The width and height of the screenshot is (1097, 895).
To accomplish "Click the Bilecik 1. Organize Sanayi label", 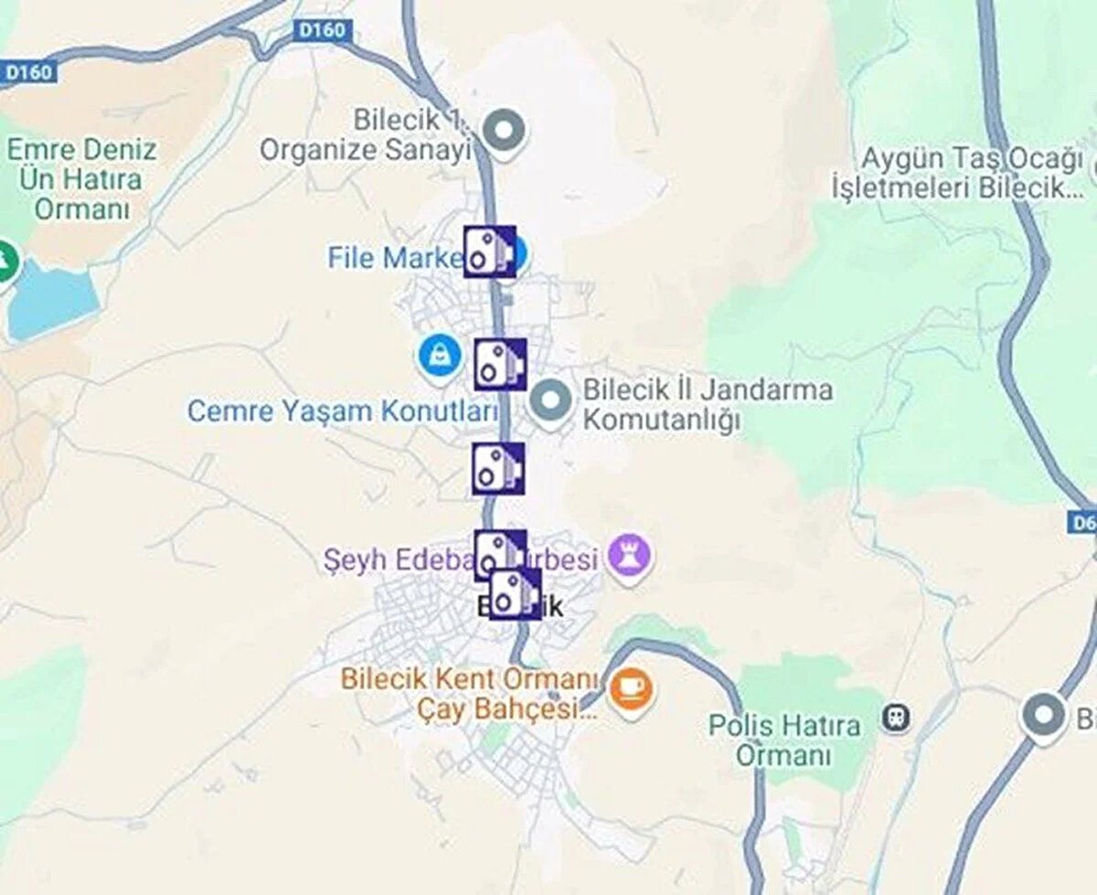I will [366, 134].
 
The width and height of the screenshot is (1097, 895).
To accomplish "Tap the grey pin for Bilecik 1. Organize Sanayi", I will [504, 132].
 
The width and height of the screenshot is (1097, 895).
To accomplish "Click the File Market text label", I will [396, 258].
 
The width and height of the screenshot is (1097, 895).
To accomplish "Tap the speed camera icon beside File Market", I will [489, 251].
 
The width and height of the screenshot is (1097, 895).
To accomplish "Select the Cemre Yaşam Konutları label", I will [342, 411].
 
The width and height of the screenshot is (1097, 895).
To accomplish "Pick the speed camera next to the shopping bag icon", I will [500, 364].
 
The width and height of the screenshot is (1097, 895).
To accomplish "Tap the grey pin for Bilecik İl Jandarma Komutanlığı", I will [550, 402].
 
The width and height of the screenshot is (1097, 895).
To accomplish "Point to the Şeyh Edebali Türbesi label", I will [462, 559].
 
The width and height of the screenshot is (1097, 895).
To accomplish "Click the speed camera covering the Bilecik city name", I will [515, 594].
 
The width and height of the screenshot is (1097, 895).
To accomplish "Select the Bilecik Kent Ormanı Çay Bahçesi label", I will [468, 693].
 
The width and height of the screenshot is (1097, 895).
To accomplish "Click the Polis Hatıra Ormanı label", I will [784, 741].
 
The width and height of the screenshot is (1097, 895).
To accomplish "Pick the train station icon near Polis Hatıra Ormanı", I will [895, 717].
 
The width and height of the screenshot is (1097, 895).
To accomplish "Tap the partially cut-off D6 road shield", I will [1081, 522].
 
